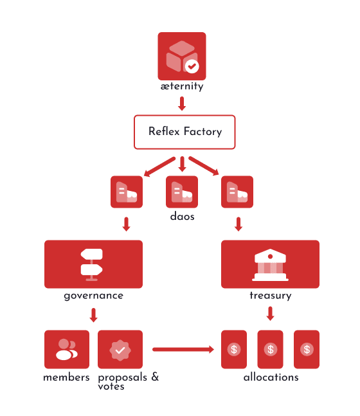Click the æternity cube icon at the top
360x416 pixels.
[x=181, y=56]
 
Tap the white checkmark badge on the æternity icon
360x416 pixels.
[x=192, y=66]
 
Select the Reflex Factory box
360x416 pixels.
[x=184, y=132]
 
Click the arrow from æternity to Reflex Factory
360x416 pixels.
[x=182, y=103]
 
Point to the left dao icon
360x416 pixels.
[x=126, y=192]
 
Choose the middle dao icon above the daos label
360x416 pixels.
[x=182, y=192]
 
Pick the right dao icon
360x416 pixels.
[x=237, y=192]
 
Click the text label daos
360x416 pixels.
[x=182, y=217]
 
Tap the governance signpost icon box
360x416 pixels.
[x=93, y=264]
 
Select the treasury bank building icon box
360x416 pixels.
[x=270, y=264]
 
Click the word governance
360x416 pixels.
[x=93, y=296]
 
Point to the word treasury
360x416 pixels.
[x=270, y=296]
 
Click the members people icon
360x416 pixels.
[x=66, y=349]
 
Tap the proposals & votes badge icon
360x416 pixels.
[x=120, y=349]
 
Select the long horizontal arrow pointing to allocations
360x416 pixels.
[x=183, y=349]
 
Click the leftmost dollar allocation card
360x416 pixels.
[x=234, y=349]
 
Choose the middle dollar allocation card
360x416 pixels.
[x=271, y=349]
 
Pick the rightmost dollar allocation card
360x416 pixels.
[x=307, y=349]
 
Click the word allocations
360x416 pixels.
[x=271, y=377]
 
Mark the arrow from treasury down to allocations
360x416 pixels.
[x=271, y=314]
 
